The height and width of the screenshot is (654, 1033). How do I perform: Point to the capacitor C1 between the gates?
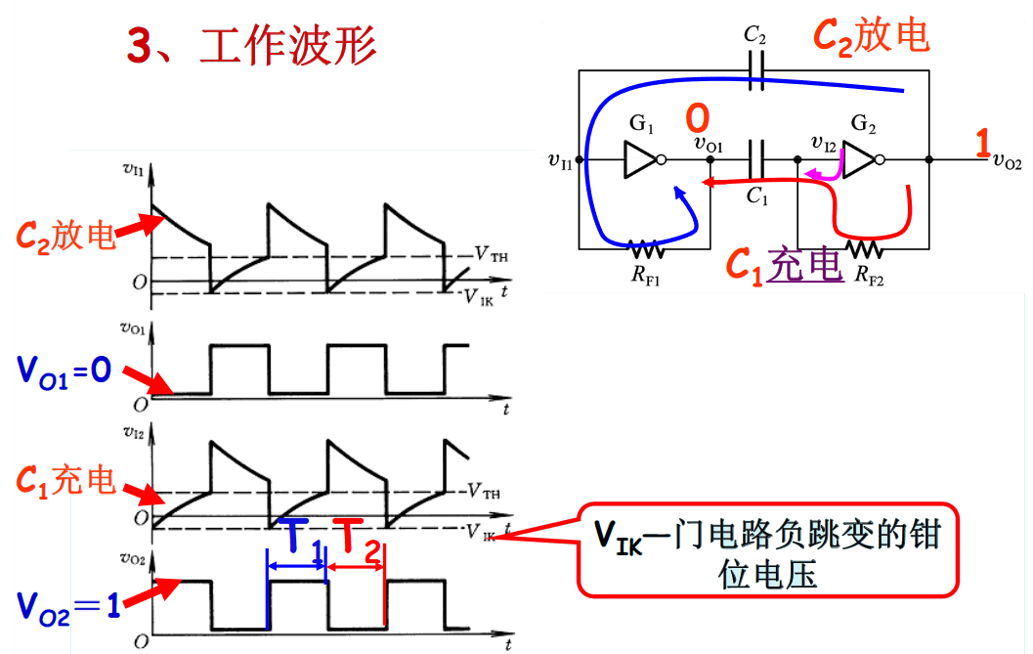[x=754, y=159]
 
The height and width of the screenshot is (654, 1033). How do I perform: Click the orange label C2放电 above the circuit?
[x=871, y=35]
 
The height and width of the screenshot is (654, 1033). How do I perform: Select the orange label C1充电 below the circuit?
[x=783, y=265]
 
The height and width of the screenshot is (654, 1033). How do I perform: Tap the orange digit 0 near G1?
[x=697, y=119]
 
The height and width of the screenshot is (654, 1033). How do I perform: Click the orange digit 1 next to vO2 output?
[x=983, y=144]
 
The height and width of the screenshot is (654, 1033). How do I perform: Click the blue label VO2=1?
[x=68, y=603]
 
